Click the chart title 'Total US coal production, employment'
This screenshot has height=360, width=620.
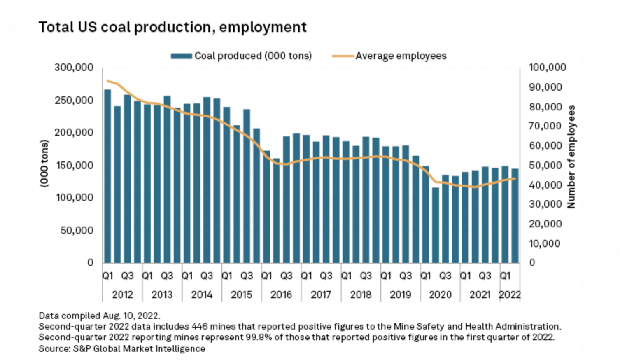(x=172, y=27)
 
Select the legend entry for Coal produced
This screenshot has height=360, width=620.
(x=241, y=56)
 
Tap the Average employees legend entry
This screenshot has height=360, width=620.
(x=389, y=56)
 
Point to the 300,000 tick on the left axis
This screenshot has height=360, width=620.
(x=74, y=68)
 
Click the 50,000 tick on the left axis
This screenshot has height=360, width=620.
(x=77, y=231)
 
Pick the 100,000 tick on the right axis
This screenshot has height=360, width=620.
(x=547, y=68)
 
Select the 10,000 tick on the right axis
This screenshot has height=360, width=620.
(x=544, y=244)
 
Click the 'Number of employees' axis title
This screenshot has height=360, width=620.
(x=571, y=157)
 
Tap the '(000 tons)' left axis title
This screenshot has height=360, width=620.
(x=44, y=164)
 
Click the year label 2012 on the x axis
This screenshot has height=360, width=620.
(x=122, y=295)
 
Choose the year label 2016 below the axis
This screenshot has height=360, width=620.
(x=281, y=295)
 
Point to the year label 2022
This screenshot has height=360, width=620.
(x=510, y=295)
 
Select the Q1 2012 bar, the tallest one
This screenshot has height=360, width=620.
(x=107, y=177)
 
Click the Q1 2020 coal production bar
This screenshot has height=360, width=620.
(x=425, y=214)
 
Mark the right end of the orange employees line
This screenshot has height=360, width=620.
(x=515, y=178)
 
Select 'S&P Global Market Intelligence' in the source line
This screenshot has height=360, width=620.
(x=139, y=349)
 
